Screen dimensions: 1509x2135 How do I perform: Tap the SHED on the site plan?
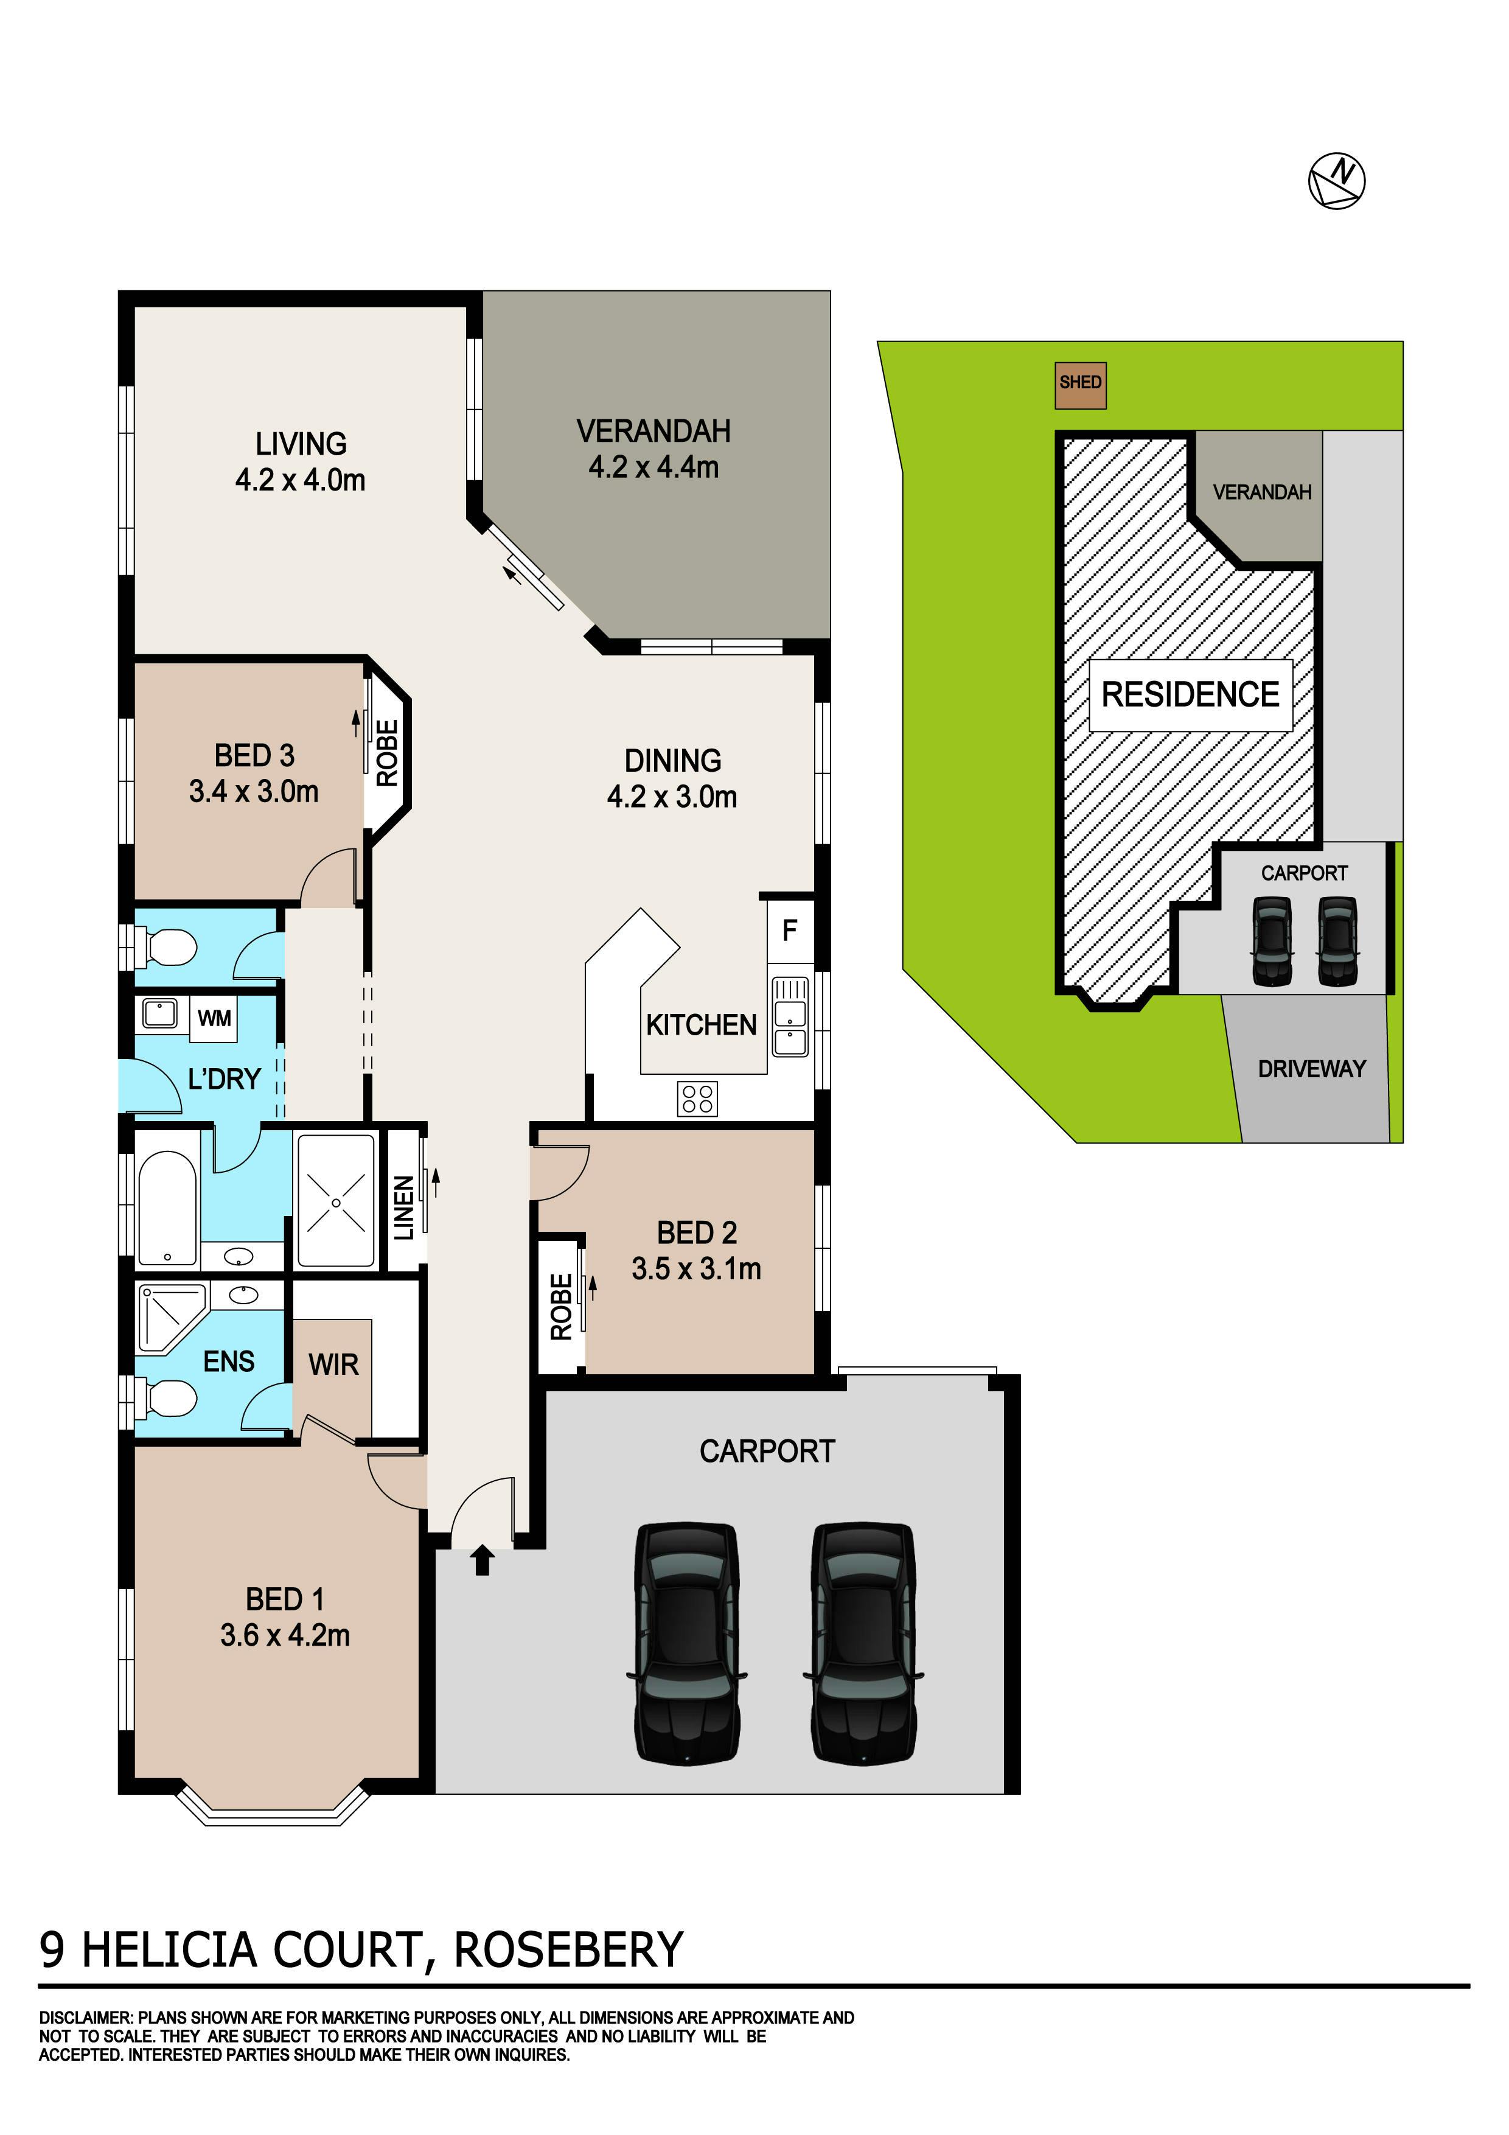(1081, 386)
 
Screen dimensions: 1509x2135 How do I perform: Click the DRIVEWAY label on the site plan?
(1311, 1069)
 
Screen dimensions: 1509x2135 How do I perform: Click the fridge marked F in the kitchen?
(790, 930)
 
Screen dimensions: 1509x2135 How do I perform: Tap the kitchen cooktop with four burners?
(697, 1098)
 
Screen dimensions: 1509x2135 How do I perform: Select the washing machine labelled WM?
(214, 1018)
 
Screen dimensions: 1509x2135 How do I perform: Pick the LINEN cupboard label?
(403, 1208)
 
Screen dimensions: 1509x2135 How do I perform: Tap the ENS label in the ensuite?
(229, 1361)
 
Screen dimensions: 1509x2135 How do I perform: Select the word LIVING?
(301, 444)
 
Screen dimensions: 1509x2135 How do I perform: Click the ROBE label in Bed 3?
(387, 753)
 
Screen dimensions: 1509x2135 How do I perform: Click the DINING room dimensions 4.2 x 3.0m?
(672, 796)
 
